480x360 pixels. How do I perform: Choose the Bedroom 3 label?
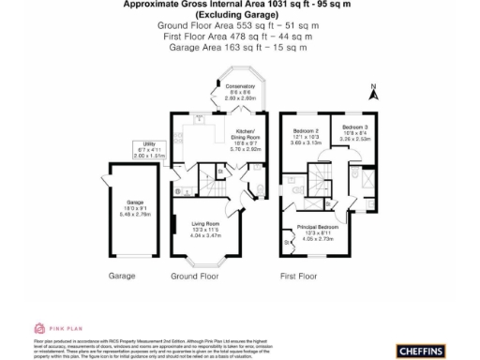[353, 132]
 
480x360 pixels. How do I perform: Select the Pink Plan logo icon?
[38, 327]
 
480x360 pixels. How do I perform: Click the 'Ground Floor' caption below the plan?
[194, 277]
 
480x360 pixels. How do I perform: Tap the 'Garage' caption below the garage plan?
[123, 277]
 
